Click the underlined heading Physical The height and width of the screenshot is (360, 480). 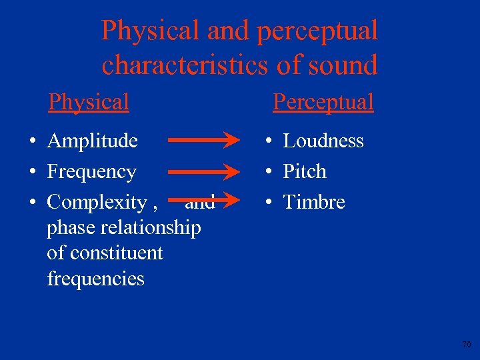tap(88, 102)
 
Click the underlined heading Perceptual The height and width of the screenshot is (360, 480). tap(323, 102)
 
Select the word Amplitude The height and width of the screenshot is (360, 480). tap(93, 141)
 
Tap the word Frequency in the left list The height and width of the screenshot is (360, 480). tap(91, 172)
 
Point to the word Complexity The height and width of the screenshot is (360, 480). tap(97, 202)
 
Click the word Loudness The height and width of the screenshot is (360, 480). tap(323, 141)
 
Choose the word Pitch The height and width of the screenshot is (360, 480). tap(305, 171)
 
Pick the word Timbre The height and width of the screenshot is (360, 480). tap(314, 202)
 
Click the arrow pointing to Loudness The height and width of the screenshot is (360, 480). tap(203, 141)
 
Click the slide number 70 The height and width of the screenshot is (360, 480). tap(466, 345)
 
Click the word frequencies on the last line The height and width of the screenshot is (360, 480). tap(95, 278)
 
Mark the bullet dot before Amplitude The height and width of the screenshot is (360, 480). tap(32, 141)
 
